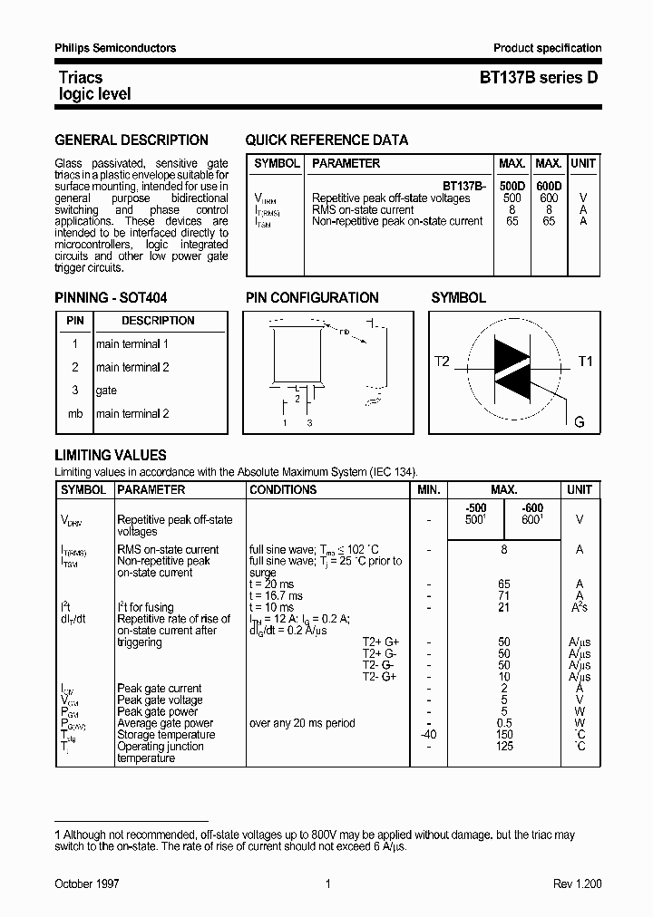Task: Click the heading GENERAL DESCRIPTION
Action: pos(132,140)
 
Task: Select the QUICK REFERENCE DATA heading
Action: pos(326,140)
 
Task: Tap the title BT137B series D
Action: pos(539,78)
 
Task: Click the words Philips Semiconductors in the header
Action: pos(115,48)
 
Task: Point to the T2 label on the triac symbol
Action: pos(442,362)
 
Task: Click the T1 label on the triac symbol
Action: pos(585,362)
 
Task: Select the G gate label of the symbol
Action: pos(580,422)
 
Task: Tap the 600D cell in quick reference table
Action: pos(549,186)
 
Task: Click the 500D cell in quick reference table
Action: pos(512,186)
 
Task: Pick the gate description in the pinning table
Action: pos(106,391)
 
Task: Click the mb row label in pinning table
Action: pos(75,414)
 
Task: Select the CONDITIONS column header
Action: pos(283,489)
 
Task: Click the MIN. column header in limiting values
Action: pos(428,489)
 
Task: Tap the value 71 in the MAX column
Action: pos(504,596)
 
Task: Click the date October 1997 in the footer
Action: pos(87,883)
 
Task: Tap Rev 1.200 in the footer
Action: pos(577,883)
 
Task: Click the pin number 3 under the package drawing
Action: pos(309,423)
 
